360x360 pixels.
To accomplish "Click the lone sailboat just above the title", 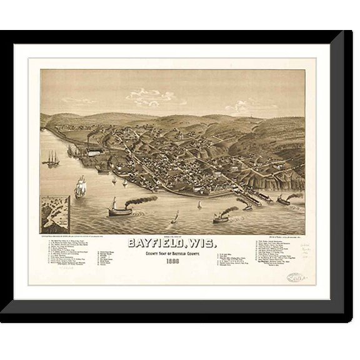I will [x=175, y=217].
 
